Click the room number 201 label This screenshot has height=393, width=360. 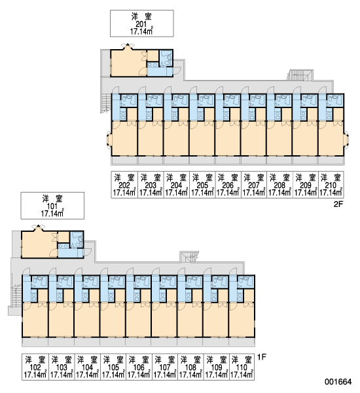[141, 24]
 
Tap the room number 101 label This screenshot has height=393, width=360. [52, 206]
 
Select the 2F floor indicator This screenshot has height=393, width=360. [338, 204]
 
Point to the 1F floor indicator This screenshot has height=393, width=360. [262, 357]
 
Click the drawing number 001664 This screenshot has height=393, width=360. [338, 382]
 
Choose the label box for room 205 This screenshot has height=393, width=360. [202, 185]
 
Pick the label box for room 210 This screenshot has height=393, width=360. [331, 185]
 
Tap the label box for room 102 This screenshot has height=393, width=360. [35, 367]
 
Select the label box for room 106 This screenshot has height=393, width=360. [139, 367]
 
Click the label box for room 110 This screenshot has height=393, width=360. [242, 367]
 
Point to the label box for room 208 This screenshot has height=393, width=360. [279, 185]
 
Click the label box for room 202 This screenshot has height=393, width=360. [124, 185]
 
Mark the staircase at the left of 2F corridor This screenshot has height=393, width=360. [105, 103]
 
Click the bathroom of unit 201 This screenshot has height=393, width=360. [166, 58]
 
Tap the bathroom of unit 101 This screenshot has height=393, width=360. [77, 240]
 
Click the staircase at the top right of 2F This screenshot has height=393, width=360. [300, 75]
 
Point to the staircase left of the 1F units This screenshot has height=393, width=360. [16, 296]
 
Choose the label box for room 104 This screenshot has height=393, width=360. [88, 367]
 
